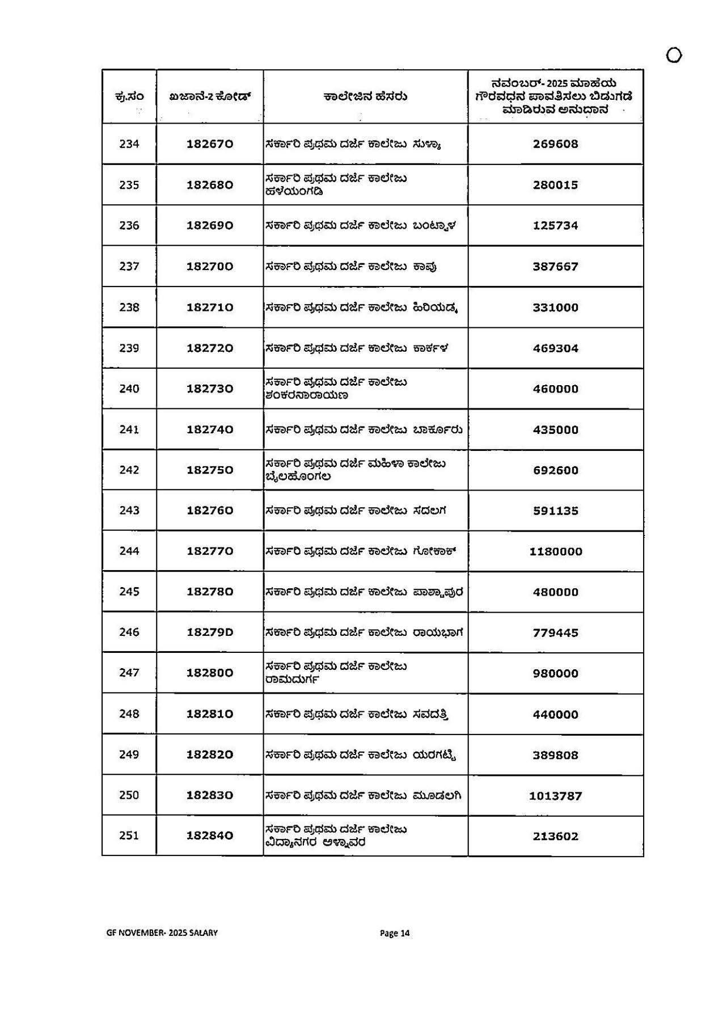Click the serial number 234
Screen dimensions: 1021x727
[x=129, y=144]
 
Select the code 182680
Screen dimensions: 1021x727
[x=210, y=185]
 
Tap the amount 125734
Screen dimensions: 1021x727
[x=555, y=226]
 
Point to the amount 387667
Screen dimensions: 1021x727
[x=555, y=267]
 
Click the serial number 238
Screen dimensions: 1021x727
[x=129, y=307]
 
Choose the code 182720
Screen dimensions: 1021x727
[x=210, y=348]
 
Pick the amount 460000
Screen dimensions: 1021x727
[x=555, y=389]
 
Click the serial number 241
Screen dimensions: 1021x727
[x=129, y=430]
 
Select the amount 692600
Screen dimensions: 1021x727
[x=555, y=470]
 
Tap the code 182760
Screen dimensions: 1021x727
[x=210, y=510]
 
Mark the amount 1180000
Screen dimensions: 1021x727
[x=555, y=551]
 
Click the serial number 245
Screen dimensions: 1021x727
[x=129, y=592]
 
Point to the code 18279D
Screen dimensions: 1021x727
[x=210, y=632]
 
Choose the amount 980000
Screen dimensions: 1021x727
[x=555, y=673]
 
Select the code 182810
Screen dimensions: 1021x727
[x=210, y=714]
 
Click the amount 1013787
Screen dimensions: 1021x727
[x=555, y=796]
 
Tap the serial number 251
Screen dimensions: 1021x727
[x=129, y=836]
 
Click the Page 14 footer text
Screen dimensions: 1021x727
[x=395, y=933]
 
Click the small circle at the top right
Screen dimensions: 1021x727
[x=674, y=56]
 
